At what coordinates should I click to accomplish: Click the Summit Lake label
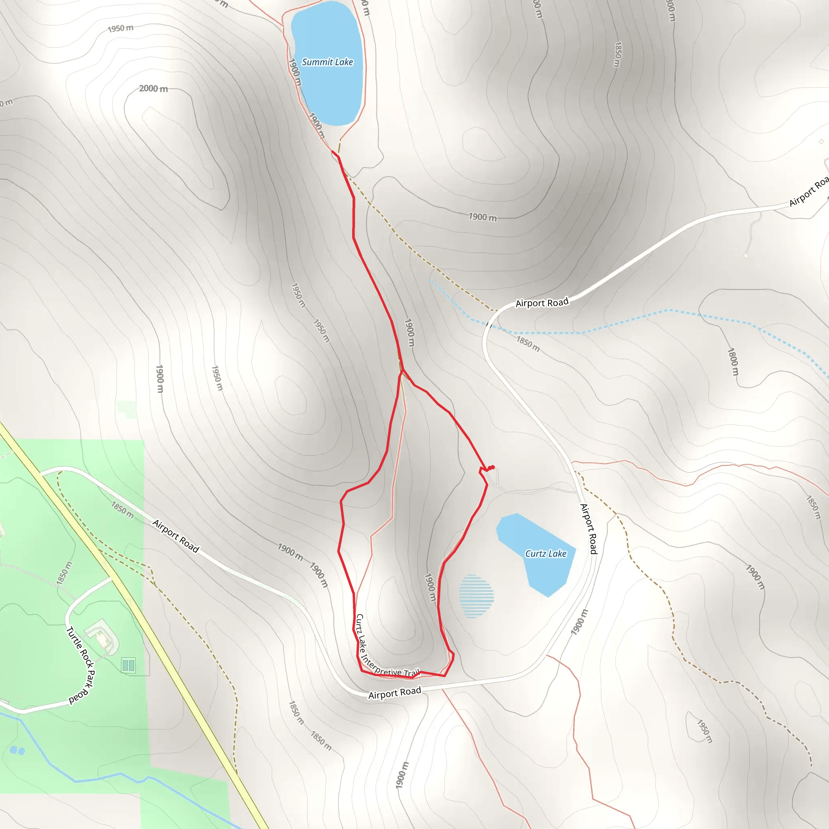[x=327, y=62]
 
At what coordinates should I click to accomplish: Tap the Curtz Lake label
[x=546, y=554]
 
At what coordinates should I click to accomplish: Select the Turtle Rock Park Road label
[x=81, y=665]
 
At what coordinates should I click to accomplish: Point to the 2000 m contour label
[x=153, y=88]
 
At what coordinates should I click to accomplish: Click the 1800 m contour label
[x=733, y=362]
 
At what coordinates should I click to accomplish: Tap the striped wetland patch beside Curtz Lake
[x=476, y=596]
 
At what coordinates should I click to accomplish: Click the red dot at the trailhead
[x=492, y=467]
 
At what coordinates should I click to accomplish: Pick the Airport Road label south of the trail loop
[x=395, y=693]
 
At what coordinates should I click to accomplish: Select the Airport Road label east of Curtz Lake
[x=589, y=529]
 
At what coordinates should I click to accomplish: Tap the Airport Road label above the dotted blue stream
[x=542, y=302]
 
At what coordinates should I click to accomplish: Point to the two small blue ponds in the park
[x=17, y=750]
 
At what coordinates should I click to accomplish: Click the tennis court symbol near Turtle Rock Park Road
[x=128, y=665]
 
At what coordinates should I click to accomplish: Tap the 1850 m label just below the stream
[x=528, y=344]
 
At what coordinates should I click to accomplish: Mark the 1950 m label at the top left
[x=120, y=28]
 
